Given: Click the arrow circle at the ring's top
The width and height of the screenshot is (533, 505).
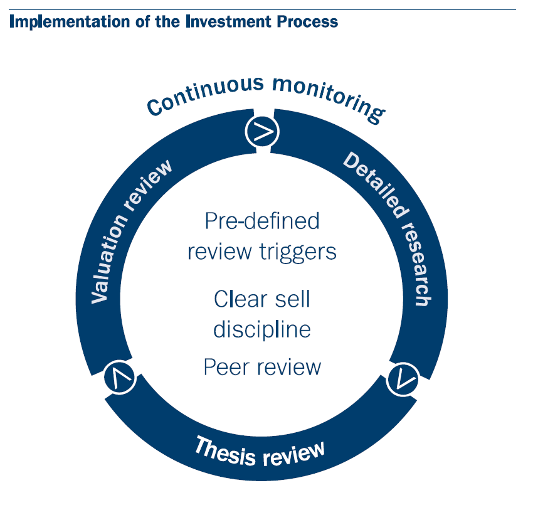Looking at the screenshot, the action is point(262,132).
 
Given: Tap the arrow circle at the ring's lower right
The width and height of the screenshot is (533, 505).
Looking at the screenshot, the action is point(403,380).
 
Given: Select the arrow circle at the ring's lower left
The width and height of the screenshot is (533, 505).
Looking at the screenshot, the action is point(120,377).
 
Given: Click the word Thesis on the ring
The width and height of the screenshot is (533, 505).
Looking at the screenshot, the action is point(225,451).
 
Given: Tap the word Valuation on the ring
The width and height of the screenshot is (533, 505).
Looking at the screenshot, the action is point(108,259).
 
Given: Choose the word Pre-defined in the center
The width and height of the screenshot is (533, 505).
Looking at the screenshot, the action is point(262,221).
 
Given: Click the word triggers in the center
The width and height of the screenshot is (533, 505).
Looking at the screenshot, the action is point(298,253).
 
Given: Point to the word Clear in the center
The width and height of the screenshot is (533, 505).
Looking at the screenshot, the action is point(241,299).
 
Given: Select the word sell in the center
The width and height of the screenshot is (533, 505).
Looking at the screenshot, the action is point(293,299).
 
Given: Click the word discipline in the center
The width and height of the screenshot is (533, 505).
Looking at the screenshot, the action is point(262,330).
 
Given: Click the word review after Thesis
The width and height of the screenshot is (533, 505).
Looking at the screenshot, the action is point(294,454).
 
